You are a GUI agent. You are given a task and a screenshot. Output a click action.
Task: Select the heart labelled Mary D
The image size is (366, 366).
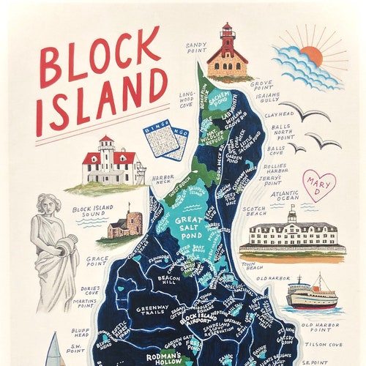tap(318, 185)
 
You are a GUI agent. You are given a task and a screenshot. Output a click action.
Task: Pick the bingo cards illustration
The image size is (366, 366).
tap(166, 139)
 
